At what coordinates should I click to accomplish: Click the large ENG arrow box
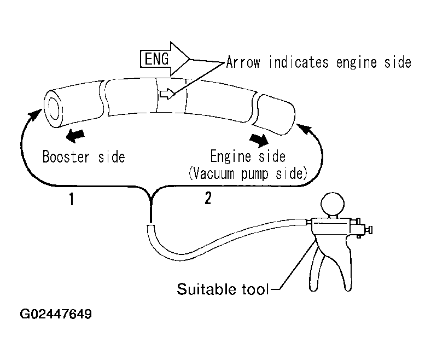click(x=165, y=59)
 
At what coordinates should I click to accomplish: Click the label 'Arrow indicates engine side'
click(x=318, y=62)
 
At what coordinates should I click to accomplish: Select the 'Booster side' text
click(x=84, y=157)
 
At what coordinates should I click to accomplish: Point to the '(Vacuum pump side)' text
click(x=248, y=173)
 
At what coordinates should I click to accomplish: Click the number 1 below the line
click(x=72, y=199)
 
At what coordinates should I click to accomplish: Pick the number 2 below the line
click(x=208, y=198)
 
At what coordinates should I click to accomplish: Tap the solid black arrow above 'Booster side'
click(x=75, y=135)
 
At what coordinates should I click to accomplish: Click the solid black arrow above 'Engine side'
click(x=259, y=140)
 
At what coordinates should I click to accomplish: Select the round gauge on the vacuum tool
click(x=333, y=204)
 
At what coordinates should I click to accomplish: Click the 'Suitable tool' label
click(x=223, y=289)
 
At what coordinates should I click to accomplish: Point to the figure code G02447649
click(x=56, y=314)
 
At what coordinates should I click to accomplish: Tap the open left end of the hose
click(x=53, y=108)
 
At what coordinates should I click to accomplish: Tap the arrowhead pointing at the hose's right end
click(x=304, y=129)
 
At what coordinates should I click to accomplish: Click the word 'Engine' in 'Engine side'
click(x=231, y=156)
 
